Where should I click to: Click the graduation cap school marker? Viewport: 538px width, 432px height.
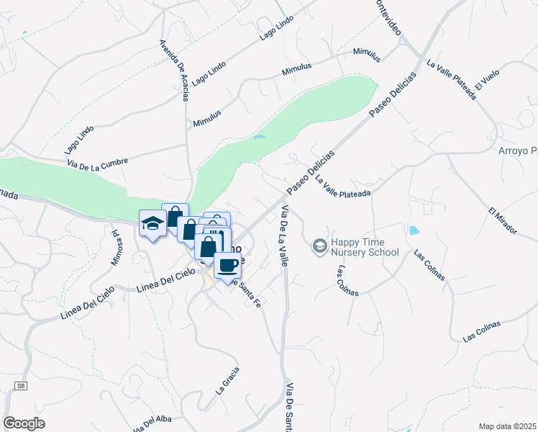152,224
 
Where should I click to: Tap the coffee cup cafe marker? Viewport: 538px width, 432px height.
228,265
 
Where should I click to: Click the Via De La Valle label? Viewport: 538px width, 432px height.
284,237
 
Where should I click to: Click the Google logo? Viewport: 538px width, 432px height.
24,423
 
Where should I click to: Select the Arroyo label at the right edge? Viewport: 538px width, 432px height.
518,151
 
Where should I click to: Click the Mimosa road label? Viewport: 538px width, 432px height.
114,248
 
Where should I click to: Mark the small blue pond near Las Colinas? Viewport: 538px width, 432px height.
413,231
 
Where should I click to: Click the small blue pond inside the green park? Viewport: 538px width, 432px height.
260,137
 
